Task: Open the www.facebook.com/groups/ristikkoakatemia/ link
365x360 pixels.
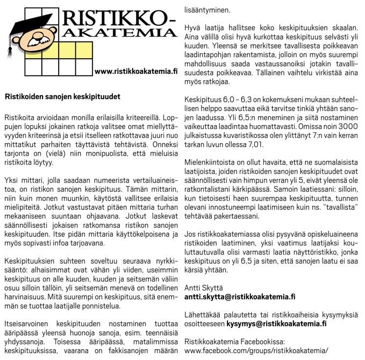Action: click(x=255, y=350)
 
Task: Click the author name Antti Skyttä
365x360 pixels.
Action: click(x=203, y=287)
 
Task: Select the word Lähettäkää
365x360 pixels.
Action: click(x=203, y=315)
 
